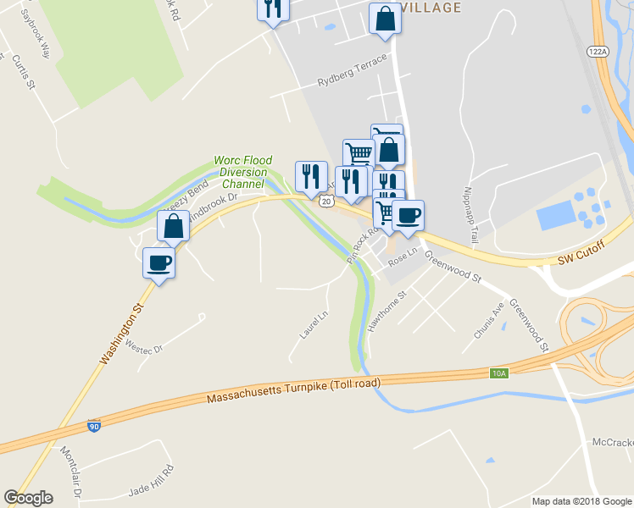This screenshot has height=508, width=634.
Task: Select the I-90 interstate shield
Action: click(x=94, y=426)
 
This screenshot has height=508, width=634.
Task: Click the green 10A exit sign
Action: click(x=499, y=373)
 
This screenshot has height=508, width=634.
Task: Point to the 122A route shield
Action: click(x=598, y=51)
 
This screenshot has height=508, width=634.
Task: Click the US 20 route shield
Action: click(x=326, y=202)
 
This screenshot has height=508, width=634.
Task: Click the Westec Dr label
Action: click(x=143, y=345)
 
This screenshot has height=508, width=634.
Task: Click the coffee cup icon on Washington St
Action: click(x=159, y=262)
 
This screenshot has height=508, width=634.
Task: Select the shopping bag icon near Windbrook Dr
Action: click(x=174, y=226)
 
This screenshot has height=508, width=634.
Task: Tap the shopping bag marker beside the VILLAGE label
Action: click(x=385, y=19)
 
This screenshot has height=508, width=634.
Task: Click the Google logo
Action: click(x=29, y=498)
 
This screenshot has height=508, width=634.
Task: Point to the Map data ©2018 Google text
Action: click(x=581, y=501)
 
